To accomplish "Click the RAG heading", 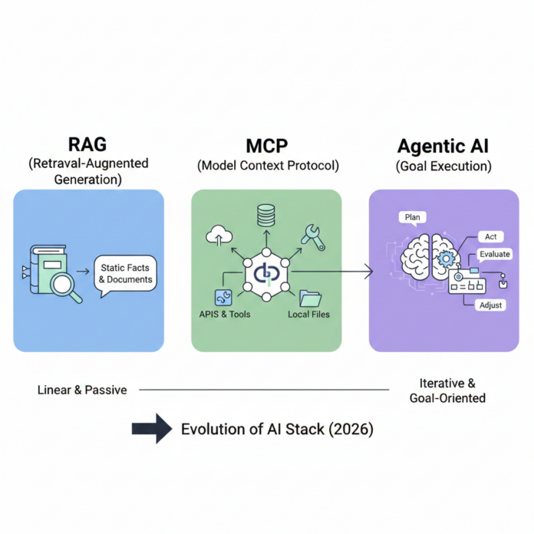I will click(x=89, y=146).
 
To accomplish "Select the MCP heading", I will click(x=265, y=146).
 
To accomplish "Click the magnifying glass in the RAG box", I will click(x=64, y=283).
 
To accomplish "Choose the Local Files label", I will click(x=309, y=315).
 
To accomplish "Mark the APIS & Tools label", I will click(x=225, y=315).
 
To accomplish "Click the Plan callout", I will click(x=412, y=217).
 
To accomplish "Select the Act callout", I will click(x=489, y=236).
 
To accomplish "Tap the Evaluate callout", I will click(x=494, y=254).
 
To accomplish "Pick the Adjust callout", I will click(x=490, y=305).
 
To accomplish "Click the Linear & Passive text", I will click(x=82, y=390).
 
